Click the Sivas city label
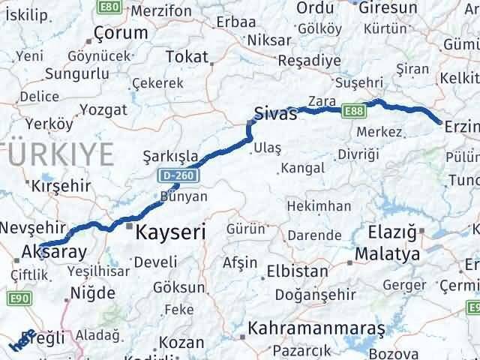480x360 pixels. click(x=276, y=113)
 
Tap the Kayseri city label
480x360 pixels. click(x=170, y=233)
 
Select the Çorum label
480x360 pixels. click(x=121, y=33)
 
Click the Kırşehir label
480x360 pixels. click(x=58, y=184)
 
